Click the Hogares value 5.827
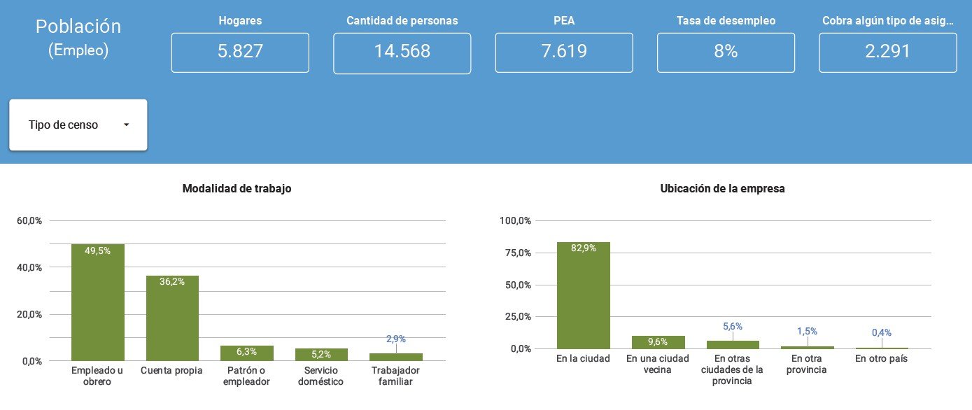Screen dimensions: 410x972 click(239, 51)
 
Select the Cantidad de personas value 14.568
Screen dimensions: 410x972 click(402, 51)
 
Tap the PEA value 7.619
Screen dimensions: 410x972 click(564, 51)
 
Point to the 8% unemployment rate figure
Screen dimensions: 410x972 click(726, 51)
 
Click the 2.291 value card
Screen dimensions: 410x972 click(887, 51)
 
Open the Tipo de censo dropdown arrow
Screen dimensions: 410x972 click(126, 125)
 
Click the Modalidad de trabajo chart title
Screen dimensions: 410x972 click(237, 188)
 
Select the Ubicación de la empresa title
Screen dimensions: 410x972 click(722, 188)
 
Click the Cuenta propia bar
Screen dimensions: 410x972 click(172, 318)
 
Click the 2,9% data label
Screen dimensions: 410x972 click(396, 339)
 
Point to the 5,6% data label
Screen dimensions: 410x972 click(733, 326)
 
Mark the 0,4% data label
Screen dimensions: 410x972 click(882, 332)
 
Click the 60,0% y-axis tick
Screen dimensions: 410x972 click(29, 220)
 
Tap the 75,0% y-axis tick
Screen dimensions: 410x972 click(514, 253)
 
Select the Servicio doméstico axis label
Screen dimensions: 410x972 click(321, 376)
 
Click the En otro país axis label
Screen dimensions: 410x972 click(882, 358)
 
